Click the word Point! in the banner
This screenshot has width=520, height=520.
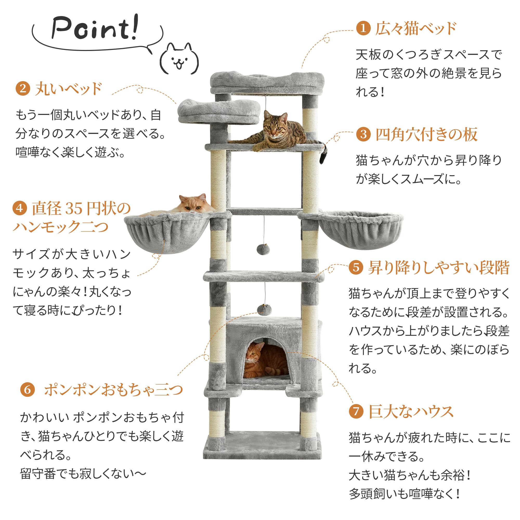[95, 28]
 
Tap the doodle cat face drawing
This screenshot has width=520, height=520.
[179, 59]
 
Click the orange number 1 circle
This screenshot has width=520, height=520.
[363, 28]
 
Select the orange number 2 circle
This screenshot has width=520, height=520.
[23, 89]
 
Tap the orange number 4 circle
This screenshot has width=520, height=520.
[20, 208]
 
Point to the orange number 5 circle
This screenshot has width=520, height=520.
[356, 267]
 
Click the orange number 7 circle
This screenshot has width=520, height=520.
[356, 412]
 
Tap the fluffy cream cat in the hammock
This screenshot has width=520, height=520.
[188, 205]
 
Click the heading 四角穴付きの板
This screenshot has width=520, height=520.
[426, 134]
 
